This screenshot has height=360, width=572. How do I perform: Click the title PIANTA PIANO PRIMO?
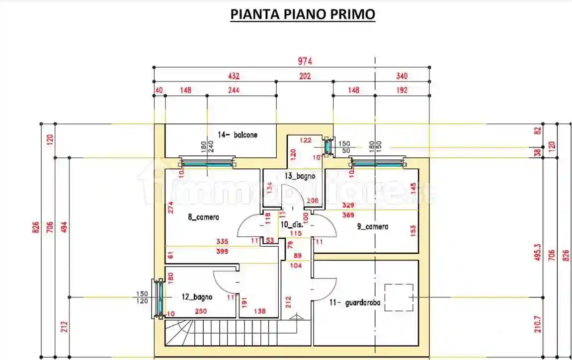(x=302, y=15)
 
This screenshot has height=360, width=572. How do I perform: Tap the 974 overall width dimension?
(x=305, y=61)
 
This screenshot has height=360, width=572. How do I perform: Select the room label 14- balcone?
(x=238, y=135)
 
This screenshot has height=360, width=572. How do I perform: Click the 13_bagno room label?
(x=300, y=176)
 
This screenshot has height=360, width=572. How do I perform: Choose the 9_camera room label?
(x=373, y=226)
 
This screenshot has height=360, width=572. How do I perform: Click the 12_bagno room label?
(x=197, y=297)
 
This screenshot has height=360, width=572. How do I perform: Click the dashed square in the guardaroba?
(x=399, y=297)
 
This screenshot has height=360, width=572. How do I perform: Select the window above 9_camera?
(x=377, y=162)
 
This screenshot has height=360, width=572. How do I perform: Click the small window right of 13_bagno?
(x=328, y=146)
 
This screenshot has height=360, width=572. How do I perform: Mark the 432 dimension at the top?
(x=234, y=76)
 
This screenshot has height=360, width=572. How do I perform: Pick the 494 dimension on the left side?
(x=64, y=226)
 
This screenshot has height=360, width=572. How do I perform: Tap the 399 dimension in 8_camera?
(x=222, y=252)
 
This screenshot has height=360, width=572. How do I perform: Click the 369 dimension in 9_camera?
(x=348, y=215)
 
